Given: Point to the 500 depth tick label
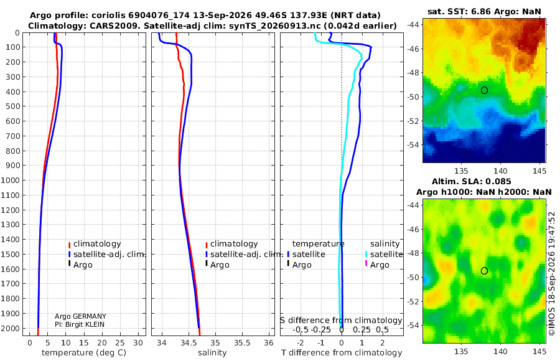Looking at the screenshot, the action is [12, 106].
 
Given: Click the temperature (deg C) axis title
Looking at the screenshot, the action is [84, 353].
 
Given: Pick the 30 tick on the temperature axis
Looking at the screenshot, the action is [138, 343].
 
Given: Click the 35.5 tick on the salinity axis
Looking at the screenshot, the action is [242, 343].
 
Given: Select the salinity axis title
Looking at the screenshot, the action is [212, 353].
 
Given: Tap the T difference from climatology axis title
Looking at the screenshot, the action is [342, 353].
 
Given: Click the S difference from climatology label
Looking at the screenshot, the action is [341, 321].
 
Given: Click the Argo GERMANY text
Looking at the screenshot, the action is [80, 316].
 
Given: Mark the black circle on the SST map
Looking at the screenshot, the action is [484, 90].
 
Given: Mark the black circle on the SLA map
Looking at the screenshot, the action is [484, 271].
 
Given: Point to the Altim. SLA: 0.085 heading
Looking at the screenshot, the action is [472, 182].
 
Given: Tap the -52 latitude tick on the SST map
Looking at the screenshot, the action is [414, 121].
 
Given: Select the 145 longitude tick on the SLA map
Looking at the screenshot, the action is [539, 352].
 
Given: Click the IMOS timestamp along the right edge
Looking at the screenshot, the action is [552, 273].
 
